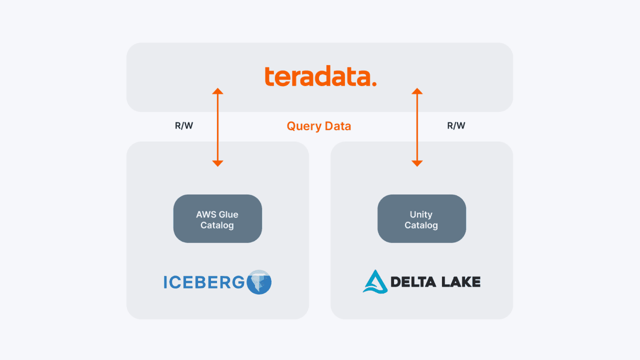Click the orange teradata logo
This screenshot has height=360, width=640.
[320, 77]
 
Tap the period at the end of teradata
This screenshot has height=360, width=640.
[374, 84]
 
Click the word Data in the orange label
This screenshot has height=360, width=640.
[337, 126]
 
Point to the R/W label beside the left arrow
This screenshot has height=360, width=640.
[184, 126]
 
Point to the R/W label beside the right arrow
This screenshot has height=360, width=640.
[456, 126]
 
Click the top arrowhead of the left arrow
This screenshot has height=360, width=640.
[217, 91]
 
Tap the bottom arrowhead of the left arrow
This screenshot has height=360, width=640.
[217, 163]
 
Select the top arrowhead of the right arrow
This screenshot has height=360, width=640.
[417, 91]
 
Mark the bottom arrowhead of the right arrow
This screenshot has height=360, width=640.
[417, 163]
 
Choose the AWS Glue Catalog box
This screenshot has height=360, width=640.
[217, 219]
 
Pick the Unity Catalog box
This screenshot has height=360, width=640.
[421, 219]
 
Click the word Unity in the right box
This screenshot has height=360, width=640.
[421, 214]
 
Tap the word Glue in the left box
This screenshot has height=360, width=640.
[228, 214]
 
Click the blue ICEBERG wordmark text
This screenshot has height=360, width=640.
[204, 282]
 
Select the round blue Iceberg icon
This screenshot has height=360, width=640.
[259, 282]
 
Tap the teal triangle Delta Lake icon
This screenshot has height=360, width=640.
[374, 281]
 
